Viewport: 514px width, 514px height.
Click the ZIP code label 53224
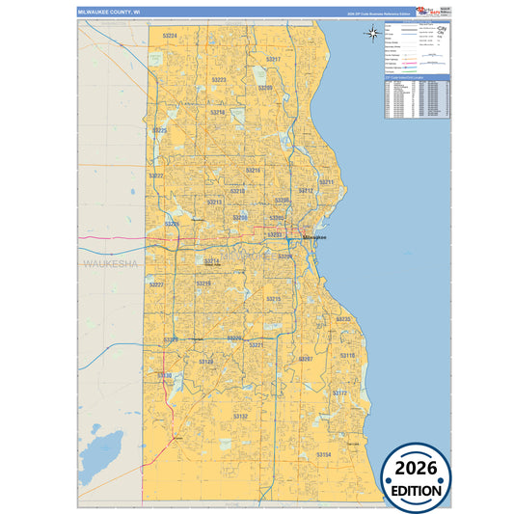170,35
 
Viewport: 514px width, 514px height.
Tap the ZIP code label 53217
273,60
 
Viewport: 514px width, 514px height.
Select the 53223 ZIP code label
219,80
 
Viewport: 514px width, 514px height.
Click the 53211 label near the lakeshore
327,182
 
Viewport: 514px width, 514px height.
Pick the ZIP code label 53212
306,191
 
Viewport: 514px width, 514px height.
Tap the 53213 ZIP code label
214,203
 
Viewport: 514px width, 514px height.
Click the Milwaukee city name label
315,237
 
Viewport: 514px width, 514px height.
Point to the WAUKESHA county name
111,263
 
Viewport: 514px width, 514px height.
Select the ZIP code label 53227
157,284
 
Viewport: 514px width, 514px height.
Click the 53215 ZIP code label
274,300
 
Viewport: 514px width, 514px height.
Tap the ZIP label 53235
343,319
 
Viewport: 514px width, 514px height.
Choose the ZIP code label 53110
347,356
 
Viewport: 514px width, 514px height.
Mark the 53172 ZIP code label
339,393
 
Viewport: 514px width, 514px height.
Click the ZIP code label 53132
240,416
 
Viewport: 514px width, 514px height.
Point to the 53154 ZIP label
324,453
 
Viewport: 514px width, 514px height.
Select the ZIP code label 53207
306,359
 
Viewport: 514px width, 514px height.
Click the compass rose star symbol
373,35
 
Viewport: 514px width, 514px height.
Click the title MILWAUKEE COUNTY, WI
108,13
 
